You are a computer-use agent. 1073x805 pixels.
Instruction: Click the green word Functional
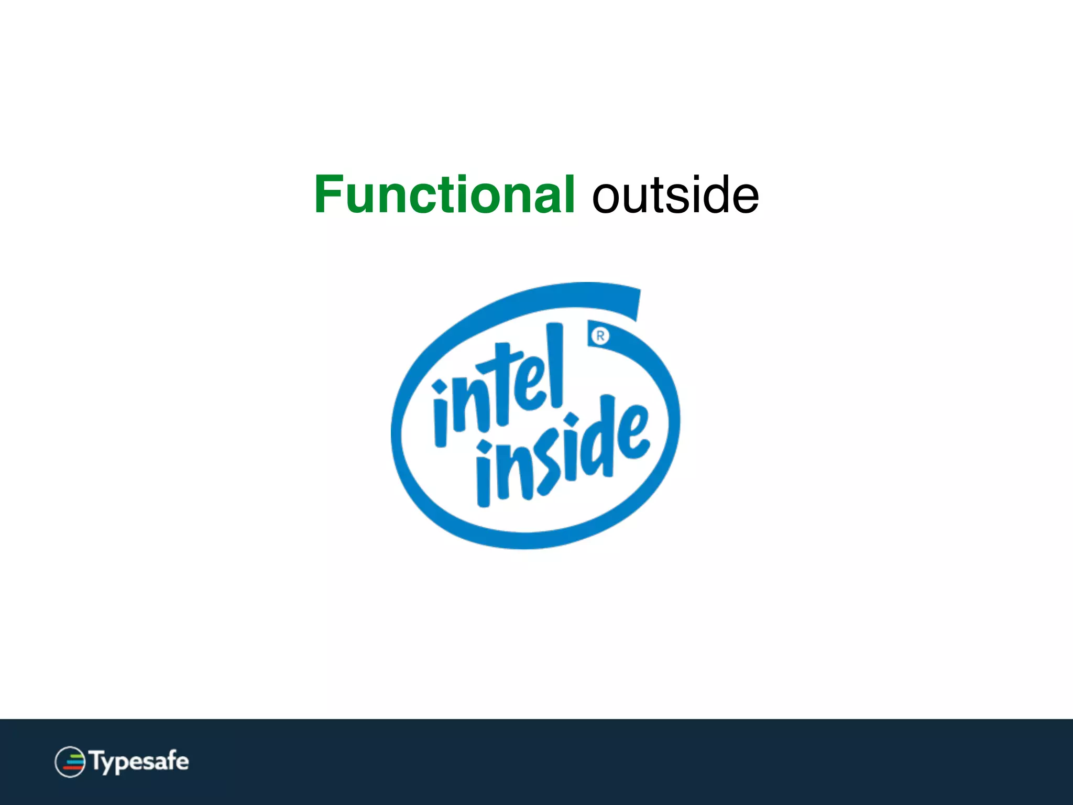(444, 195)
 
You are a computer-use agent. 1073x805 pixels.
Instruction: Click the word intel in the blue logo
(498, 388)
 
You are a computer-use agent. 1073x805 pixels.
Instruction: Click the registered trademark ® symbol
(600, 335)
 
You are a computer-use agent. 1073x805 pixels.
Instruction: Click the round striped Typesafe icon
(70, 762)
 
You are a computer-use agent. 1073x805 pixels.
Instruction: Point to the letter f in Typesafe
(169, 760)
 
